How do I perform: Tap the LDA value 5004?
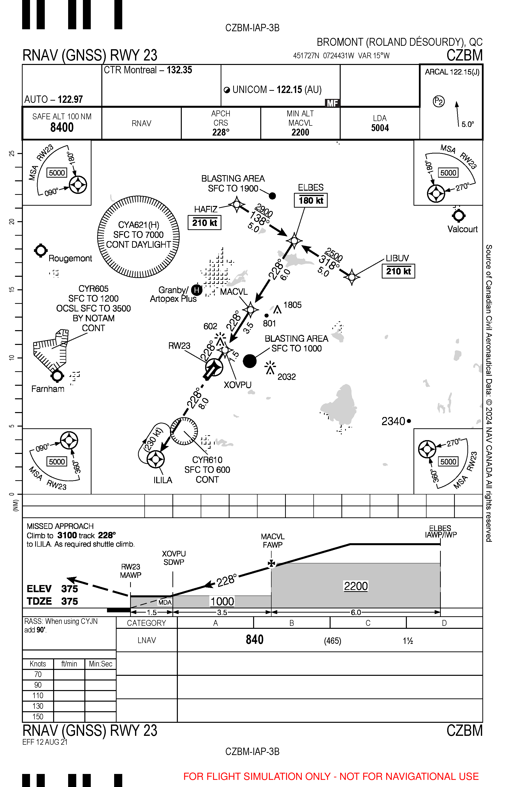[380, 128]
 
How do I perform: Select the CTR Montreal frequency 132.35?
[179, 70]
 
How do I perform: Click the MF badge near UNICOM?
[332, 103]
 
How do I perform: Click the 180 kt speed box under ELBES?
[310, 200]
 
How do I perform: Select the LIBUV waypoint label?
[397, 258]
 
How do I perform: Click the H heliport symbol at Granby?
[197, 290]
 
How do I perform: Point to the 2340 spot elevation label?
[393, 421]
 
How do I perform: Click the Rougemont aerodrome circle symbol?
[41, 250]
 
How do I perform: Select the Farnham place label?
[48, 389]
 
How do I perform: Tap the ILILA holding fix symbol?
[155, 459]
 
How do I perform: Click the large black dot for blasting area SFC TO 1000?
[250, 361]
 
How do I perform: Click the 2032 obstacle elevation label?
[287, 377]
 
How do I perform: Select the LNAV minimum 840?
[254, 639]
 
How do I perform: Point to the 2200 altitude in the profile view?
[356, 586]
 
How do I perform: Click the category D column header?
[444, 623]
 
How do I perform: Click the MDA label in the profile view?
[165, 602]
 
